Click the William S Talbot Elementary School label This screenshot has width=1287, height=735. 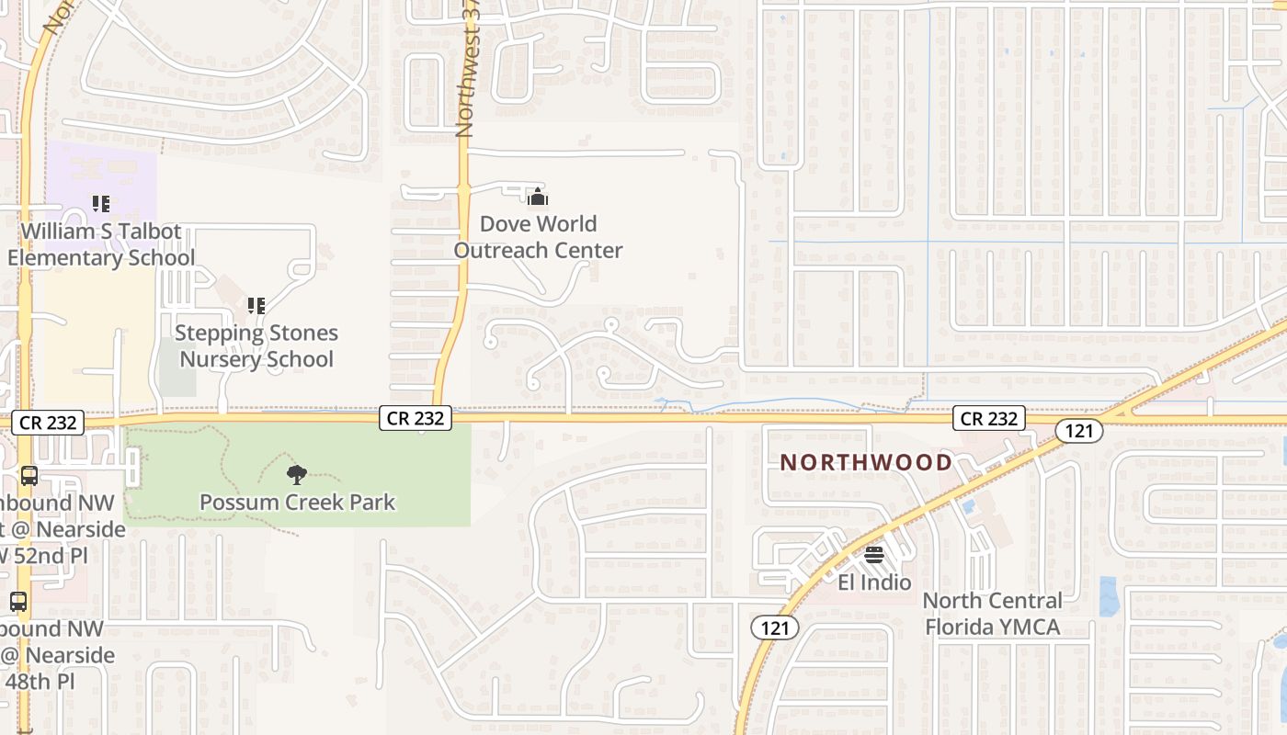101,244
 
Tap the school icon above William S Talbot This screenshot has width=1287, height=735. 101,203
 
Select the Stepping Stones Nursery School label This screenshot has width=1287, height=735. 256,346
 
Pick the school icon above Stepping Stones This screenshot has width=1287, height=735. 256,305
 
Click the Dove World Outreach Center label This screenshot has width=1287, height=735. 538,237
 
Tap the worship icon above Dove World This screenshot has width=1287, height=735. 538,197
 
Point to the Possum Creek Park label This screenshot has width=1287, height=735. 298,503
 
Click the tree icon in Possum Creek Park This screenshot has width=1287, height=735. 296,475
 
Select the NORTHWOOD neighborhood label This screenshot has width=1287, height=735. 866,462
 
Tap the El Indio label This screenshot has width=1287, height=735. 874,582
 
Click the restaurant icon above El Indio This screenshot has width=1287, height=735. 873,555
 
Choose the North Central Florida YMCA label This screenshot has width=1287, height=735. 992,614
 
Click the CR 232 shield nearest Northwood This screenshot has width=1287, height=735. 988,419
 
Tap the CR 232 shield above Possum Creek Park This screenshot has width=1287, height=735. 416,419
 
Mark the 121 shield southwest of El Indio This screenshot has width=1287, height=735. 775,628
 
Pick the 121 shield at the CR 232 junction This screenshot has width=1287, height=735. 1078,430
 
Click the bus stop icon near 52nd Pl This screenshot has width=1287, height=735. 29,476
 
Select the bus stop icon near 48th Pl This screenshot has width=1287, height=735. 18,602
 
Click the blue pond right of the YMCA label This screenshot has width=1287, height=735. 1108,597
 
